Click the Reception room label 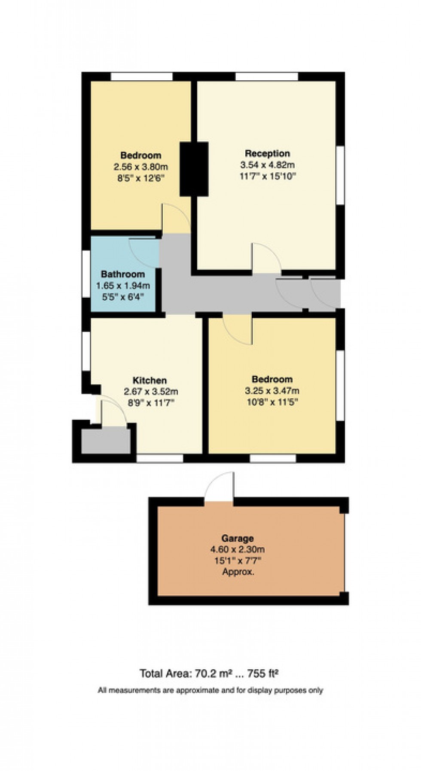pyautogui.click(x=267, y=153)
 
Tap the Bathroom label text pyautogui.click(x=123, y=274)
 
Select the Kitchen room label pyautogui.click(x=149, y=380)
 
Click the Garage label pyautogui.click(x=238, y=538)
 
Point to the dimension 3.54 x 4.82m pyautogui.click(x=267, y=165)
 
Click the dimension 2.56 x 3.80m pyautogui.click(x=140, y=167)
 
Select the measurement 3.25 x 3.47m pyautogui.click(x=272, y=391)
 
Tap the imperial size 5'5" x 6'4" pyautogui.click(x=123, y=296)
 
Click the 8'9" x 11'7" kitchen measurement pyautogui.click(x=150, y=402)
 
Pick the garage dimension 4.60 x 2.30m pyautogui.click(x=238, y=549)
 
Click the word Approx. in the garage pyautogui.click(x=238, y=572)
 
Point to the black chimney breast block pyautogui.click(x=194, y=169)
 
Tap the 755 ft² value pyautogui.click(x=263, y=673)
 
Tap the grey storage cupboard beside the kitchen pyautogui.click(x=106, y=440)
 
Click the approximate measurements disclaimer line pyautogui.click(x=210, y=691)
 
